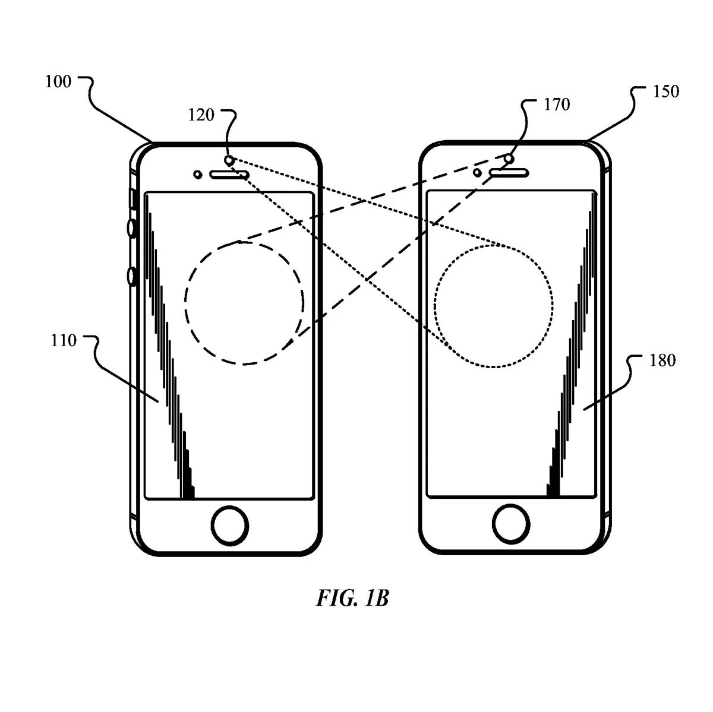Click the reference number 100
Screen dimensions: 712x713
pyautogui.click(x=58, y=81)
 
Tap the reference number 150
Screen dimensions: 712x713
pyautogui.click(x=666, y=92)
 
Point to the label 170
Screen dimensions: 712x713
pyautogui.click(x=557, y=105)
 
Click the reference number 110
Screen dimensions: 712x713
pyautogui.click(x=64, y=340)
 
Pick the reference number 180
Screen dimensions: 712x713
pyautogui.click(x=662, y=360)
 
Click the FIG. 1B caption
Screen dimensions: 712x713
pyautogui.click(x=352, y=598)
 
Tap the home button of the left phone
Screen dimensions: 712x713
pyautogui.click(x=230, y=524)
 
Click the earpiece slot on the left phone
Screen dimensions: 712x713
pyautogui.click(x=229, y=174)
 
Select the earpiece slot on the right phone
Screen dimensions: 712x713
pyautogui.click(x=509, y=172)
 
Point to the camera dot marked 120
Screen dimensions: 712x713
pyautogui.click(x=229, y=160)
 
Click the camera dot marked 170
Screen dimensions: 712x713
pyautogui.click(x=509, y=159)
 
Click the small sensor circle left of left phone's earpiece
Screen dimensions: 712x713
pyautogui.click(x=198, y=174)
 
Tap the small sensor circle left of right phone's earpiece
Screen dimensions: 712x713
pyautogui.click(x=477, y=172)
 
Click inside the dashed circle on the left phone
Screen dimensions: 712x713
pyautogui.click(x=244, y=302)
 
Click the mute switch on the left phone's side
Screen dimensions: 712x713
pyautogui.click(x=132, y=199)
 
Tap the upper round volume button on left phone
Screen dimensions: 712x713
pyautogui.click(x=132, y=228)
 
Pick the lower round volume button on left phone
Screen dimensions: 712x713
pyautogui.click(x=132, y=276)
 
